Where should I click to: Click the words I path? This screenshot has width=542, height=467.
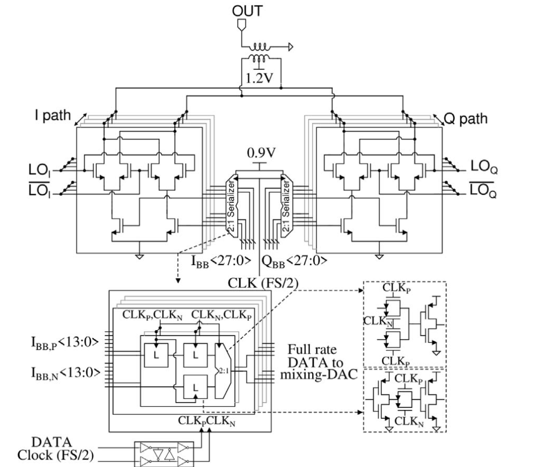tap(50, 115)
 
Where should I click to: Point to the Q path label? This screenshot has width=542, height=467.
tap(465, 118)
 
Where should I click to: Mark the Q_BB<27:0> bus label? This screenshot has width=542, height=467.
tap(293, 260)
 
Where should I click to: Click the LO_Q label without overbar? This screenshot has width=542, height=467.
tap(484, 169)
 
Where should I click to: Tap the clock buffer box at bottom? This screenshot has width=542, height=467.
tap(164, 453)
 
